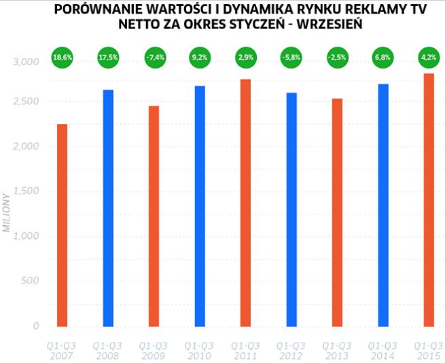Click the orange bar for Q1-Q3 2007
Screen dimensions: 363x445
pos(62,225)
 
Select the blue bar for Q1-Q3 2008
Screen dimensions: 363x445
pos(108,208)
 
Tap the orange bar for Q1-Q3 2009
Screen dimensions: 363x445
pos(154,216)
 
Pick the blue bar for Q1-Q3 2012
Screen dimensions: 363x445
pos(291,210)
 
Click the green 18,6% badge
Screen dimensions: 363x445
pos(62,58)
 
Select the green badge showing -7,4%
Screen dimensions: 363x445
pos(154,58)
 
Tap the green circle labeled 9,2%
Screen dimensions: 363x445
pos(200,58)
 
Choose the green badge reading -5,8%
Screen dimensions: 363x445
pos(291,58)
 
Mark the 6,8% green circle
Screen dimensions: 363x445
pos(383,58)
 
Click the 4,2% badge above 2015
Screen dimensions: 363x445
pos(429,58)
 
